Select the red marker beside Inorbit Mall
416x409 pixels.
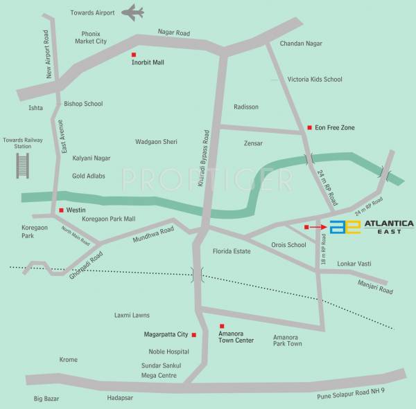coord(135,54)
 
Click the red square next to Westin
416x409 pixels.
coord(61,210)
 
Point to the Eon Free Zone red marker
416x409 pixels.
coord(309,127)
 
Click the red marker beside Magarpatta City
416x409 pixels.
coord(194,335)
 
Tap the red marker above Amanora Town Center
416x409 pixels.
coord(222,326)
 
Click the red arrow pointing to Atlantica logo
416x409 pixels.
coord(316,226)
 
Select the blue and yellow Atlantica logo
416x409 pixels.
coord(345,227)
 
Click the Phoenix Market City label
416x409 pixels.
coord(91,37)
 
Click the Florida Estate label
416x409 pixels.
coord(232,251)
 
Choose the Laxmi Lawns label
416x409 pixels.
coord(132,315)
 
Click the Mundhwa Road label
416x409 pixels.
coord(153,235)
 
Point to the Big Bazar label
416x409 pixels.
coord(49,399)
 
